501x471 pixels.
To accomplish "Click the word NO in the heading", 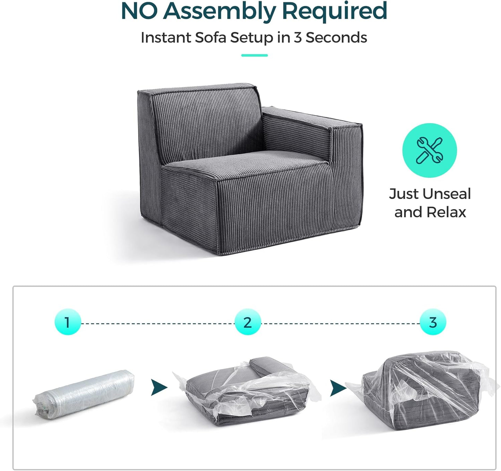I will coord(139,11).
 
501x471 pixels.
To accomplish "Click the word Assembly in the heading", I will coord(219,11).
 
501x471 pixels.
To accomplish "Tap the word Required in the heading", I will coord(334,11).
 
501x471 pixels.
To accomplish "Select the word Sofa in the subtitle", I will coord(211,37).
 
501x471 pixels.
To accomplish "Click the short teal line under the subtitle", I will coord(254,55).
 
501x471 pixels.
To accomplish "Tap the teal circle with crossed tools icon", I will coord(429,150).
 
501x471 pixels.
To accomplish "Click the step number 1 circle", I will coord(68,322).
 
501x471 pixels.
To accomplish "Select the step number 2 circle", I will coord(247,322).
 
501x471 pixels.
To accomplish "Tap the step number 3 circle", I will coord(433,322).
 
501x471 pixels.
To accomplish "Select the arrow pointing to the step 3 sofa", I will coord(337,388).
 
